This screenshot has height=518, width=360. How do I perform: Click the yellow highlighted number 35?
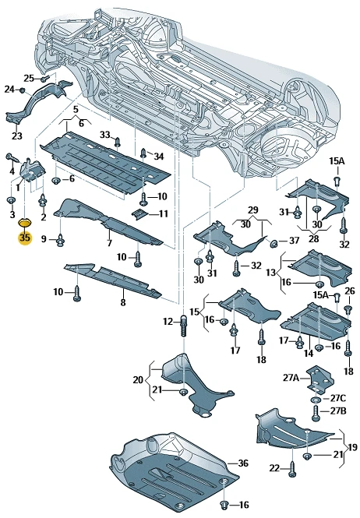click(x=25, y=238)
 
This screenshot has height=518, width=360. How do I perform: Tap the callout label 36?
click(x=243, y=463)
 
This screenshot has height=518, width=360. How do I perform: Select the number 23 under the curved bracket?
click(x=17, y=136)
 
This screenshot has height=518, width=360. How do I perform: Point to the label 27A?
click(x=291, y=377)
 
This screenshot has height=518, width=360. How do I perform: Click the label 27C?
click(x=338, y=398)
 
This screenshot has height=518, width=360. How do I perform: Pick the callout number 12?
click(x=168, y=321)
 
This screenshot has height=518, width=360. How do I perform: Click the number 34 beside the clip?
click(x=159, y=157)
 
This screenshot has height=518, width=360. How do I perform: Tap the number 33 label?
click(x=105, y=135)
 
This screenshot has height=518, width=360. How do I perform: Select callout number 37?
click(x=294, y=241)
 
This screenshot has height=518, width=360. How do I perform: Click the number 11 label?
click(x=164, y=214)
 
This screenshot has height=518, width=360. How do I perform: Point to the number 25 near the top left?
click(x=29, y=79)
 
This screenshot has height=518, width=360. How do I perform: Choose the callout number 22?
click(x=274, y=468)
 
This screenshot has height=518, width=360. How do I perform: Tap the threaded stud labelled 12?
click(x=184, y=326)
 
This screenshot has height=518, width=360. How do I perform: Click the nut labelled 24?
click(x=22, y=90)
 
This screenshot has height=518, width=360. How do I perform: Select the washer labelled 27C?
click(x=316, y=400)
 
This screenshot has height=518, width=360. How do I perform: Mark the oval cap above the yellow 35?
click(x=25, y=222)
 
